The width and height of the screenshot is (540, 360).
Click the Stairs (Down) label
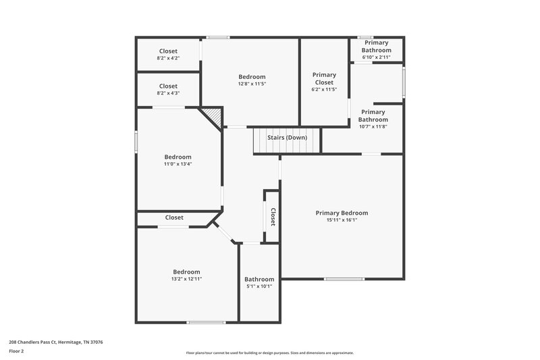coord(287,138)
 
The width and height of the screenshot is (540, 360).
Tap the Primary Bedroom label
coord(342,213)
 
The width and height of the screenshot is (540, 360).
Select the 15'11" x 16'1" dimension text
coord(342,220)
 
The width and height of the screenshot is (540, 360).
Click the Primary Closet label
coord(324,78)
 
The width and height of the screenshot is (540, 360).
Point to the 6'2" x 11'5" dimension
coord(324,89)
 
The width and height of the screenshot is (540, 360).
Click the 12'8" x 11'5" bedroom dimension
coord(252,84)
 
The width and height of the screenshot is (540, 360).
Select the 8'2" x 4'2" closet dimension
coord(168,59)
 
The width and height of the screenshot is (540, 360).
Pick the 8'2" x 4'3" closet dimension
coord(168,94)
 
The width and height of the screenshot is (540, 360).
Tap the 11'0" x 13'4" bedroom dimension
coord(178,164)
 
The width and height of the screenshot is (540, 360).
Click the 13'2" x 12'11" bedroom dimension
coord(187,279)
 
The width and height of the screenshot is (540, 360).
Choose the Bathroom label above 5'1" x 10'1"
coord(259,279)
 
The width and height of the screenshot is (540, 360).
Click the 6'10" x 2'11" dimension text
coord(376,57)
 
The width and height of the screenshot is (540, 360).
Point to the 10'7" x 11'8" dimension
coord(373,126)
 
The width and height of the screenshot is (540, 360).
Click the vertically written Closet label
coord(273,217)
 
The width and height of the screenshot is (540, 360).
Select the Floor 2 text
coord(17,351)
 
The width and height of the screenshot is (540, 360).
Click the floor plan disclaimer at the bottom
coord(269,353)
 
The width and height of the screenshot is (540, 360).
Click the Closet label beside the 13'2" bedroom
coord(174,217)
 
